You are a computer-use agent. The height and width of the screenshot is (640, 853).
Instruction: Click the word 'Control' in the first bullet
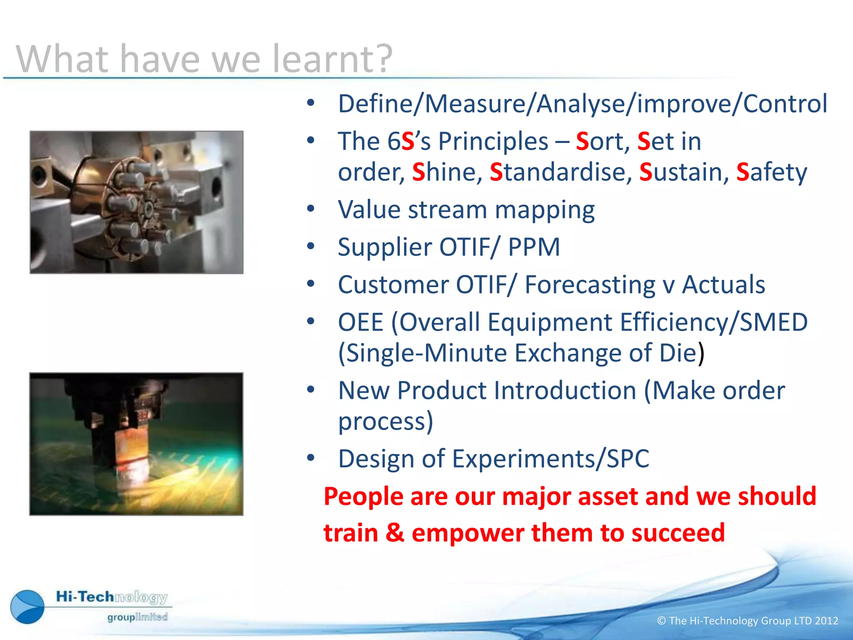click(x=785, y=104)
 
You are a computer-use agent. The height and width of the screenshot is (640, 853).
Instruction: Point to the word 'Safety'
click(x=771, y=172)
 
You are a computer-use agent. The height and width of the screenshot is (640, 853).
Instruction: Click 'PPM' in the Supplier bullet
click(x=534, y=247)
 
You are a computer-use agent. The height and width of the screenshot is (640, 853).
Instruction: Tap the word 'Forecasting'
click(x=589, y=285)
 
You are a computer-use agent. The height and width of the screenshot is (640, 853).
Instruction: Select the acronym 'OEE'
click(x=360, y=322)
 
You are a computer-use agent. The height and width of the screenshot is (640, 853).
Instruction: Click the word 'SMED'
click(x=773, y=322)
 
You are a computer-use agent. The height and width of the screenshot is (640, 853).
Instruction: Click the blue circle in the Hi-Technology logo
click(x=27, y=607)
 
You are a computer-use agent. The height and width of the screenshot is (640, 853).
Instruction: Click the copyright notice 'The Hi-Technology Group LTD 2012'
click(x=747, y=621)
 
